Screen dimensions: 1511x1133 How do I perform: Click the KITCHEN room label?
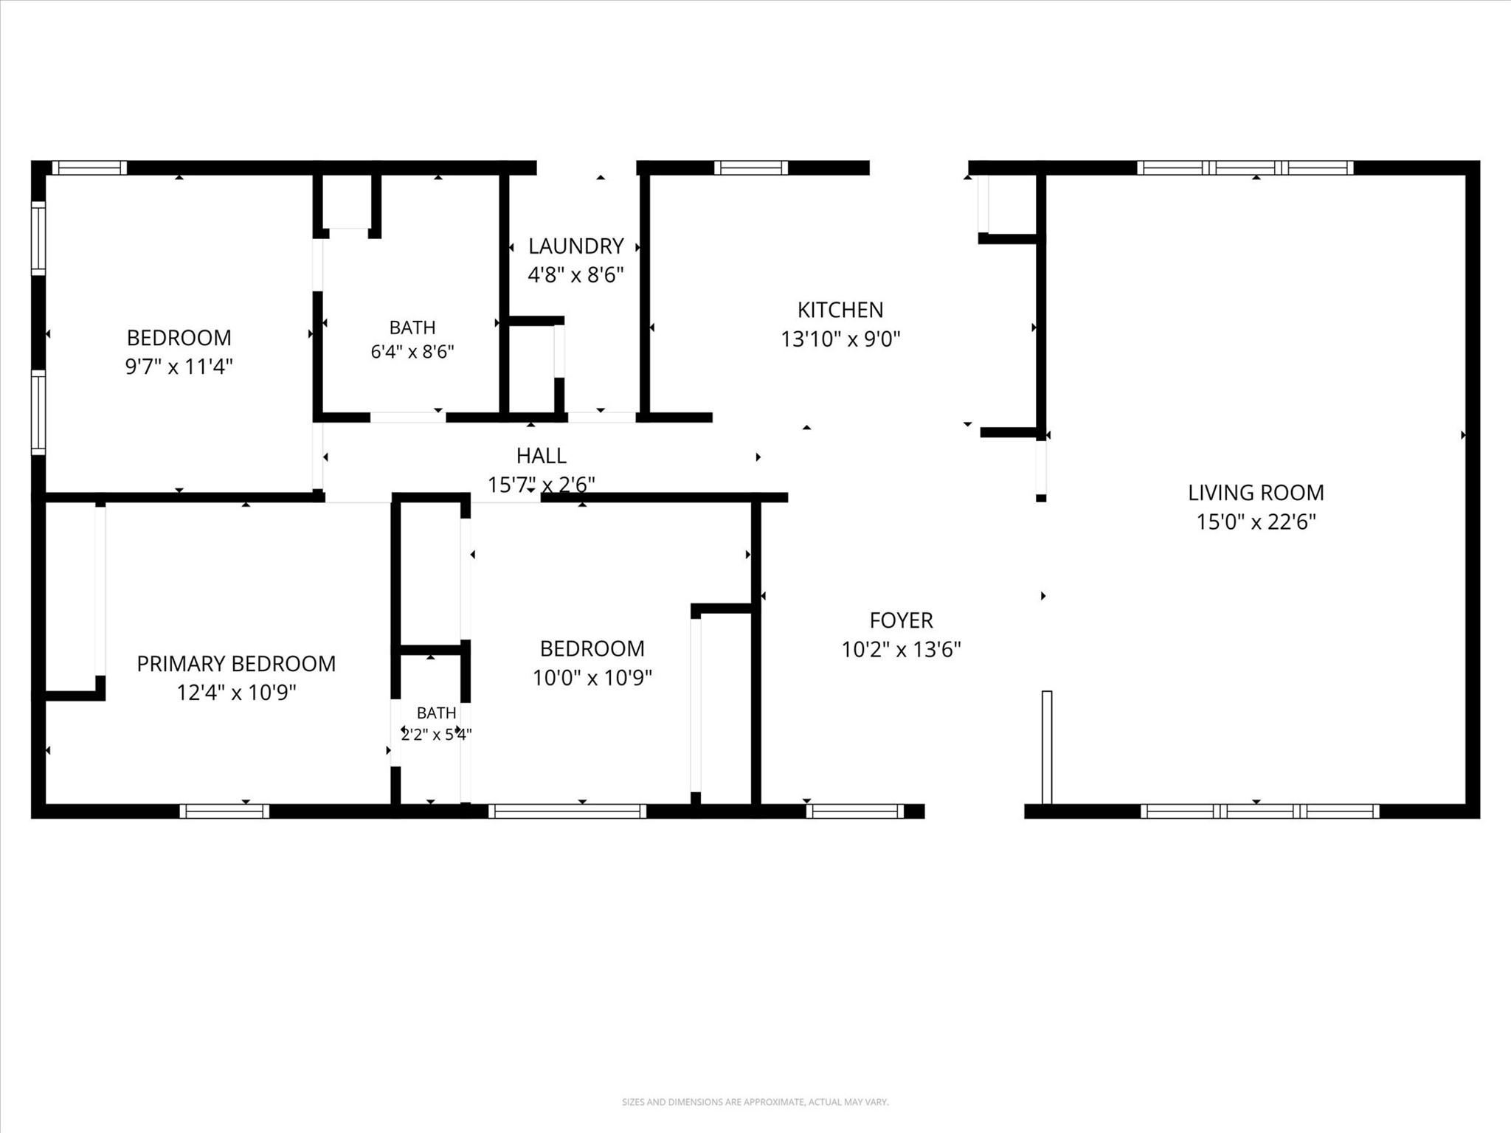[840, 310]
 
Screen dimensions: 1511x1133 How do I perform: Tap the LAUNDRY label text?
[576, 246]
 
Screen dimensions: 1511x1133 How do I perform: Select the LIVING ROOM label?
[1256, 492]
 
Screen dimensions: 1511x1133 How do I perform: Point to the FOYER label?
[901, 620]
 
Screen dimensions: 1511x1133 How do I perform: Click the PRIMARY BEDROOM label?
[236, 664]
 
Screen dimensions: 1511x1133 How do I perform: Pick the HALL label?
[542, 456]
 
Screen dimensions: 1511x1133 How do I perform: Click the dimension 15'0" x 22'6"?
[1256, 522]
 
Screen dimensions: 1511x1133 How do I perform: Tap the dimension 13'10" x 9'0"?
[840, 339]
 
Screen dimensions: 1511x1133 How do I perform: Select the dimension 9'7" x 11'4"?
[179, 367]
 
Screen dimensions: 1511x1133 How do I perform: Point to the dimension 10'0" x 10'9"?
[592, 678]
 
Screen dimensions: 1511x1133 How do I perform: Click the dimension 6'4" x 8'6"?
[412, 352]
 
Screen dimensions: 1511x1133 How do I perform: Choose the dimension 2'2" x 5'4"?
[436, 735]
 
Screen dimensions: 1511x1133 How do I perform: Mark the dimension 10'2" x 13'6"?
[901, 650]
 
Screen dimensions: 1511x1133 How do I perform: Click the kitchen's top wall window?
[751, 168]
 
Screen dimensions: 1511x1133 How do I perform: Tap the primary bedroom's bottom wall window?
[224, 811]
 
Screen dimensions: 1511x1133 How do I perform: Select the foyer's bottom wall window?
[854, 811]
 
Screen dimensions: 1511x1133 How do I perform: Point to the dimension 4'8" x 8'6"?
[576, 275]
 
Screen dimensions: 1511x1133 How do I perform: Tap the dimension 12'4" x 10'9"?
[236, 693]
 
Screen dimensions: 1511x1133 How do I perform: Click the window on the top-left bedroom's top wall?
[89, 168]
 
